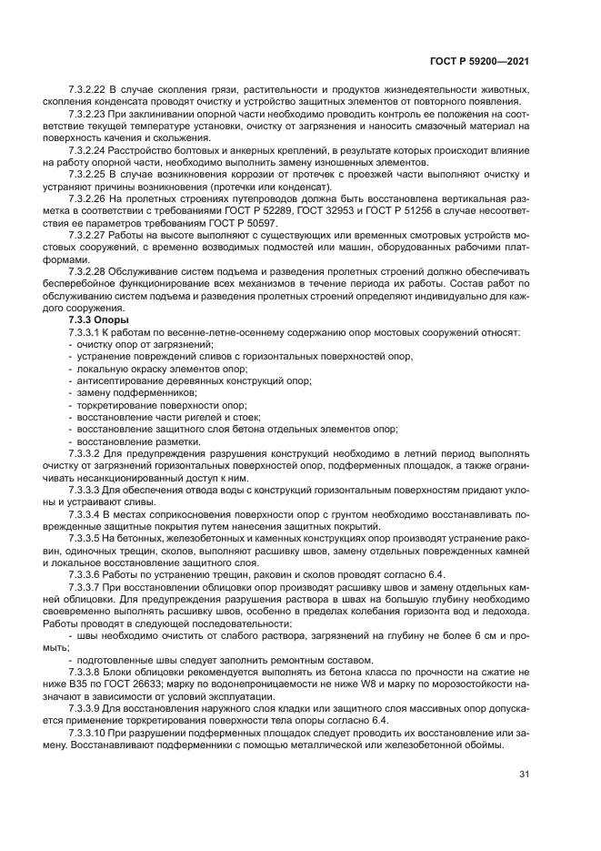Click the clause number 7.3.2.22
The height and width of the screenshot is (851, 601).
[87, 89]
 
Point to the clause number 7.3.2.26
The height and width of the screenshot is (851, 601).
[87, 197]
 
